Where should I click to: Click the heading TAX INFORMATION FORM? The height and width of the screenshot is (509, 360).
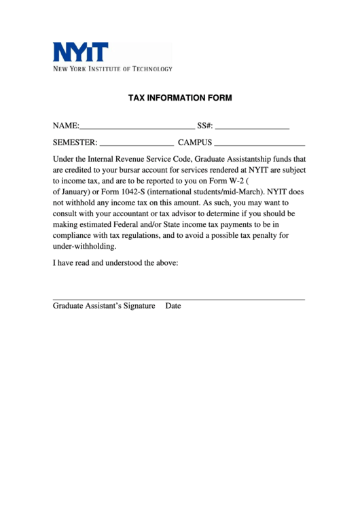tap(180, 98)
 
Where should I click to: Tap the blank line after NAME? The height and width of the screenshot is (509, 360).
tap(137, 127)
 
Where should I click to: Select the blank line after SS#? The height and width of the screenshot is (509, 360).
tap(253, 127)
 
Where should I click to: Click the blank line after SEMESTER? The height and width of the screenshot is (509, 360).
tap(137, 144)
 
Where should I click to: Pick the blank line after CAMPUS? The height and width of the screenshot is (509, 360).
tap(259, 144)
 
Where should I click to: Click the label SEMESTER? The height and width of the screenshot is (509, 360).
tap(75, 143)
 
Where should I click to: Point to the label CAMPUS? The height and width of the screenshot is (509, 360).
tap(195, 143)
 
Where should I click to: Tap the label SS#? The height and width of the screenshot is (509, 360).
tap(205, 126)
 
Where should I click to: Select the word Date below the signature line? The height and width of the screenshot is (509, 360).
tap(173, 306)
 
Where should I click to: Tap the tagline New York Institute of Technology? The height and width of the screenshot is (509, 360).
tap(113, 69)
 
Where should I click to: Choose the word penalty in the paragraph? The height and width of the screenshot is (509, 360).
tap(259, 235)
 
